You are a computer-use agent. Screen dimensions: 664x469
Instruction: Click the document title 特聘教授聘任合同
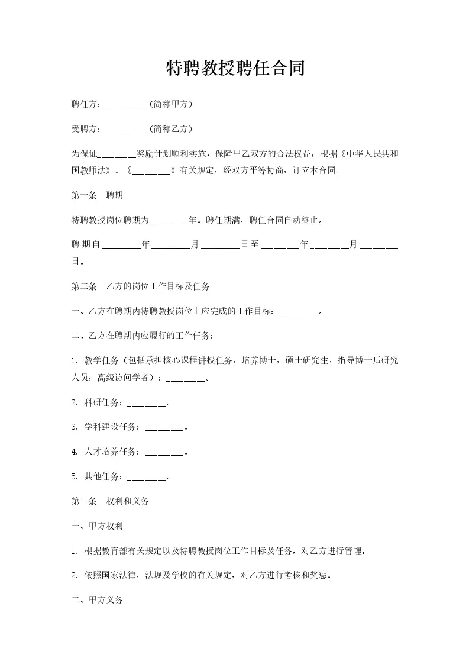235,68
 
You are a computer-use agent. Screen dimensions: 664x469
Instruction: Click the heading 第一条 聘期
97,194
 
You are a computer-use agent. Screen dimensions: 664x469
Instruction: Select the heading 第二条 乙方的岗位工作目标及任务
140,286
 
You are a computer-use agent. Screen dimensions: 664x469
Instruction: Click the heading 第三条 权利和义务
110,501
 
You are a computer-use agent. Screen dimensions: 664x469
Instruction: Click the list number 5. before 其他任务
75,476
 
